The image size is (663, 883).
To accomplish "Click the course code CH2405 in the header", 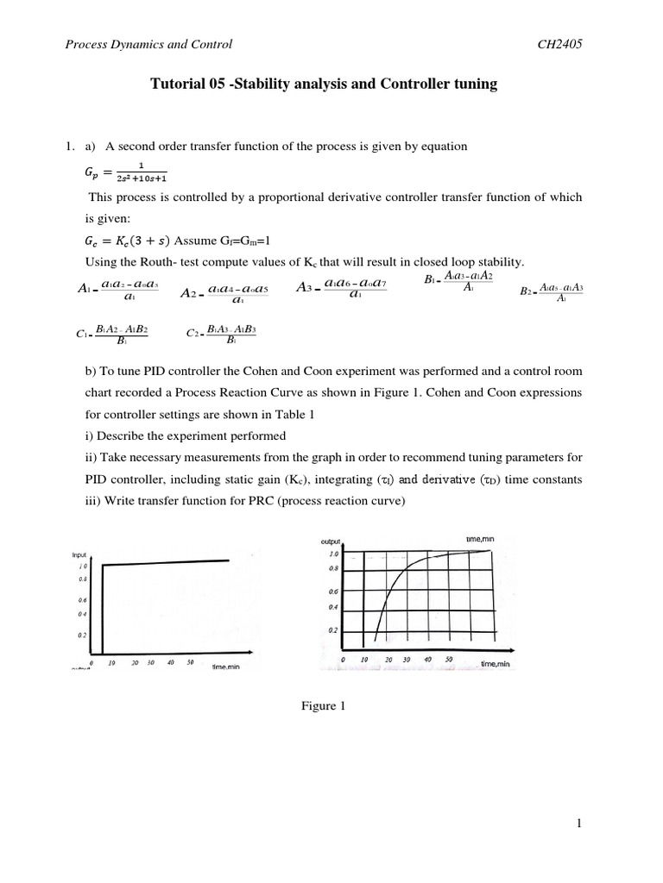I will pos(559,45).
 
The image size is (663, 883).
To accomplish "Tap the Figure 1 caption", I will pos(323,706).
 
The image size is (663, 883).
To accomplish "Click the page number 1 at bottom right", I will pos(580,824).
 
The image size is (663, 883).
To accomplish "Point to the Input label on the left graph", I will pos(79,555).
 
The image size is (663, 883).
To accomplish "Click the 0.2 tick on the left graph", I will pos(83,635).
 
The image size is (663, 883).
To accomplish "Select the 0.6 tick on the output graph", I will pos(333,592).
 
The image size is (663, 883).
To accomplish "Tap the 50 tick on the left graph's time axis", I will pos(190,663).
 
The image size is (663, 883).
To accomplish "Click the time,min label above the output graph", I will pos(480,539).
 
